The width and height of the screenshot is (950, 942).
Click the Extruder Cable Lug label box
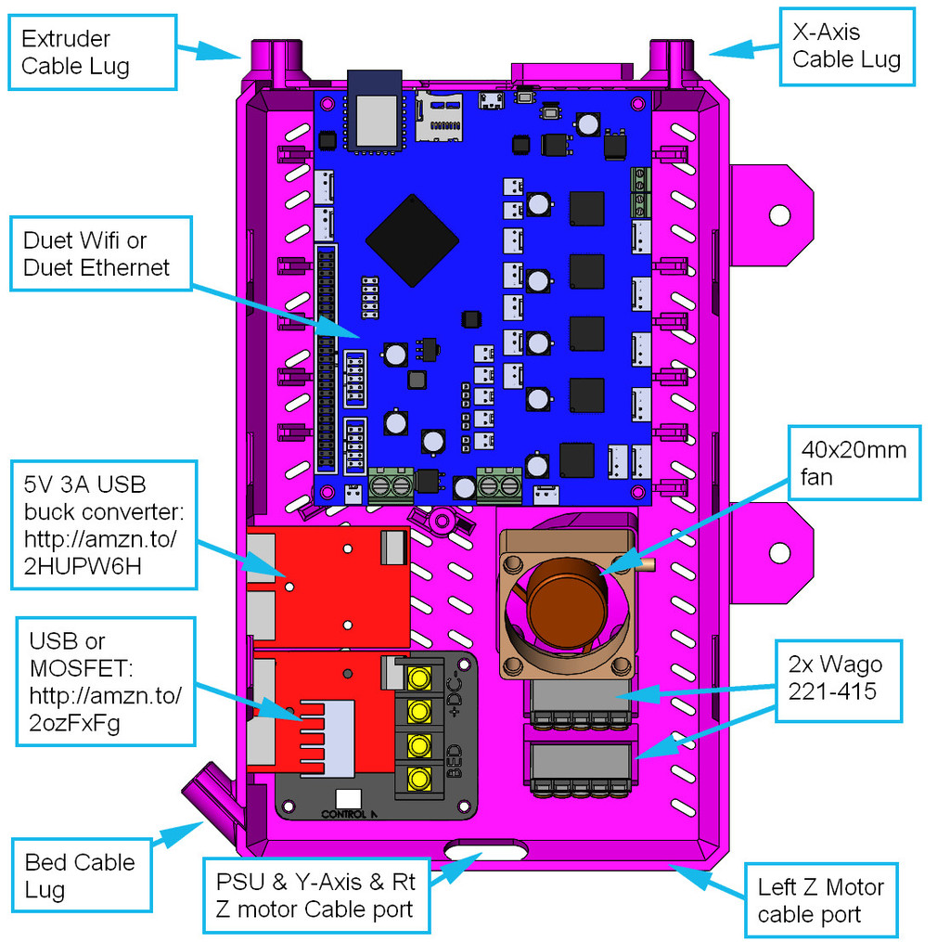point(92,52)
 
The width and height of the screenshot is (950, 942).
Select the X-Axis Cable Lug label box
point(846,46)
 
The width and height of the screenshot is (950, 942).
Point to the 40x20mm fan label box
point(854,464)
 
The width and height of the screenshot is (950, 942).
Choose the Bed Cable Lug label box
point(82,876)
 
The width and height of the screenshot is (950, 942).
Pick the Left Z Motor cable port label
point(820,900)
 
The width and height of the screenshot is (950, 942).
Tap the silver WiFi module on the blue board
point(375,115)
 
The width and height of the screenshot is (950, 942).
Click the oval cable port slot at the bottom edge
point(485,849)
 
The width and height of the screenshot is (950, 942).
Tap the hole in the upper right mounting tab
point(780,215)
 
